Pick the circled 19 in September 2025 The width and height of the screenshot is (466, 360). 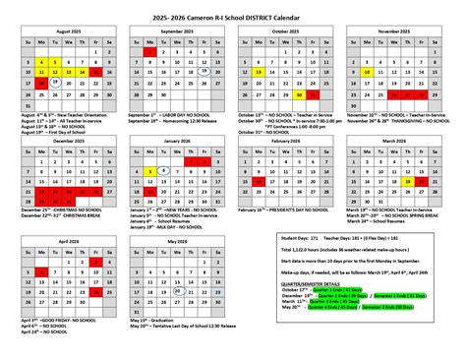(204, 71)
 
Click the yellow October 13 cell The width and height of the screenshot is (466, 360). (257, 71)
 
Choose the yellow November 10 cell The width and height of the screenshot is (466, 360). (365, 71)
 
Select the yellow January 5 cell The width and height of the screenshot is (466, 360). (149, 169)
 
